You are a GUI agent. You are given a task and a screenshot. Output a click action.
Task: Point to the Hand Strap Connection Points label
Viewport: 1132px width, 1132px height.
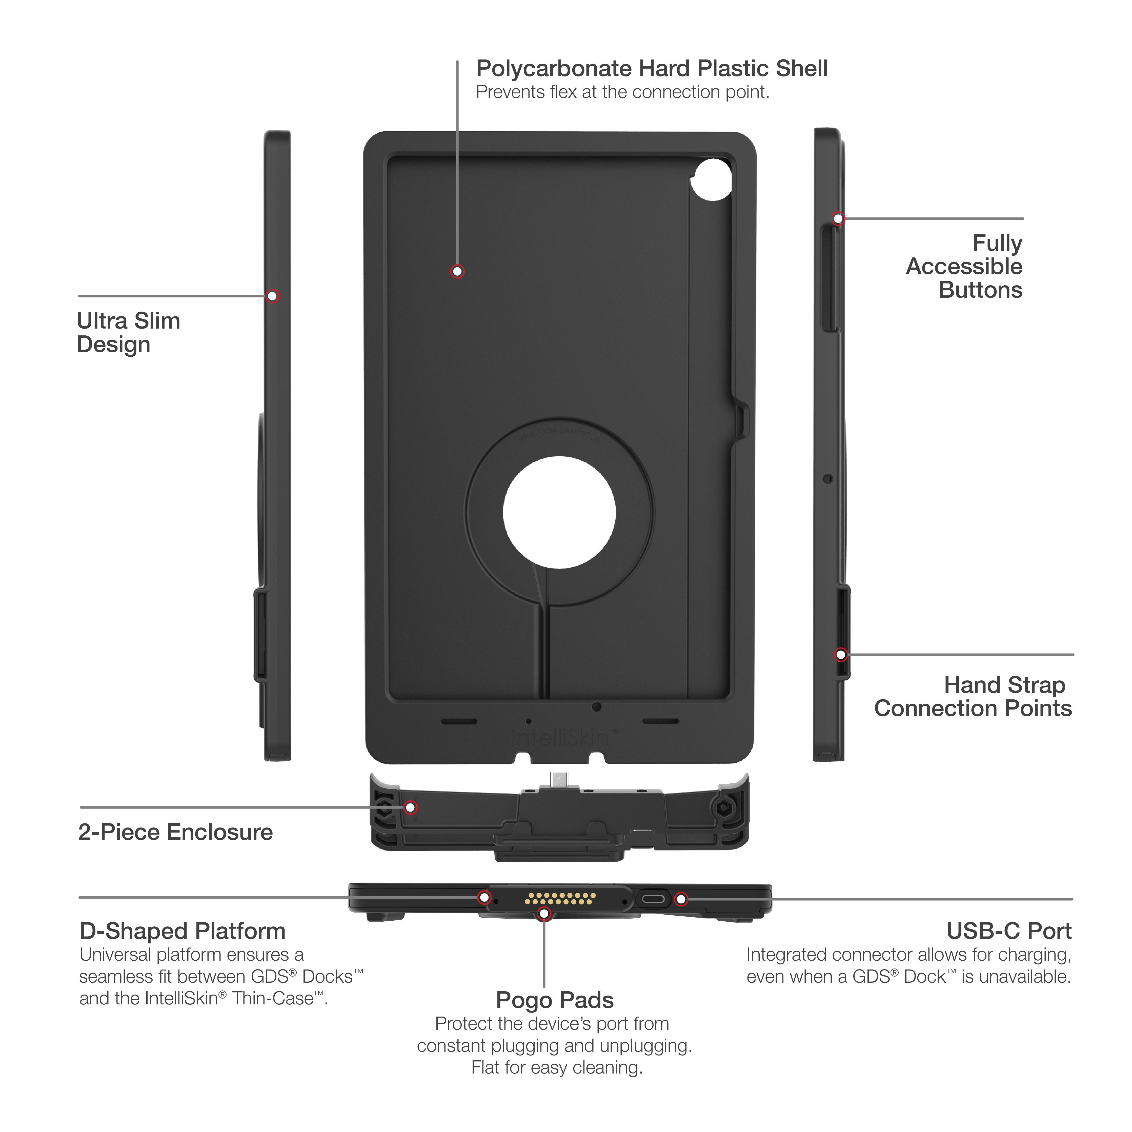coord(973,697)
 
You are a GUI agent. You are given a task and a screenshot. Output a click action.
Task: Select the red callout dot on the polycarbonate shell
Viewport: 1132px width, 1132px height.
coord(457,271)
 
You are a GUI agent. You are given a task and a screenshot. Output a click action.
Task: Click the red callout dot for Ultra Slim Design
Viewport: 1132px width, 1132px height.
coord(272,296)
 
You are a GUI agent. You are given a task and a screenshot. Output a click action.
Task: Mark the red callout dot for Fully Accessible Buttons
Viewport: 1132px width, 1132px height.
coord(838,218)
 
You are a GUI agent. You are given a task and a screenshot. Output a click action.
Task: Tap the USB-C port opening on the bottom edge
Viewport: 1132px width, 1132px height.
coord(653,899)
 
